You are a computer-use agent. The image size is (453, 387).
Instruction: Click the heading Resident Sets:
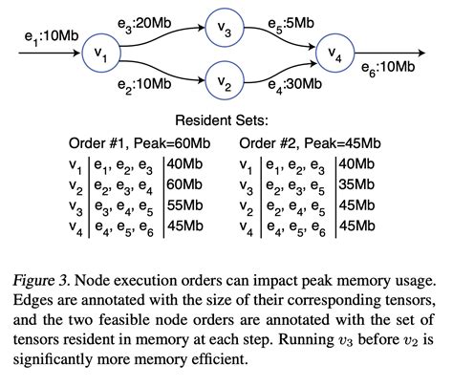[226, 122]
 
